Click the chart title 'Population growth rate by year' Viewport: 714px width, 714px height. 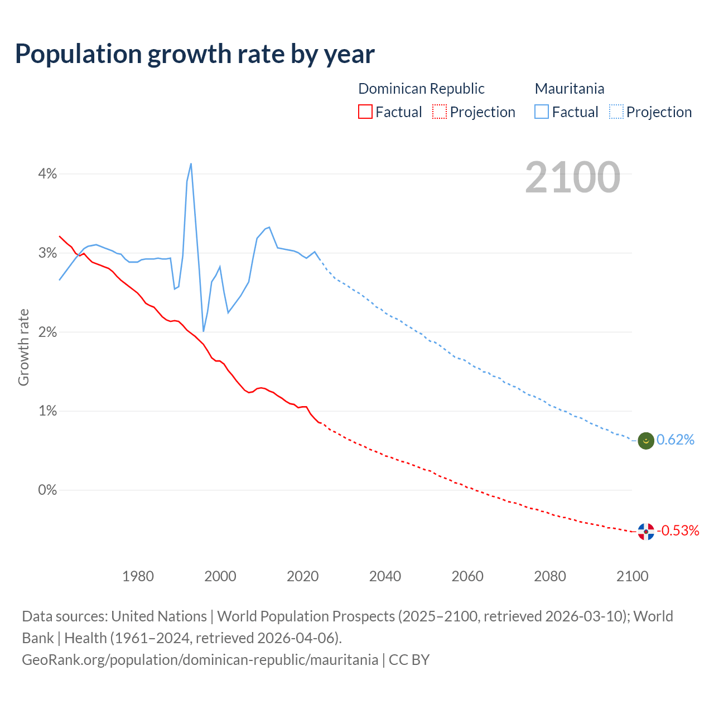[x=195, y=54]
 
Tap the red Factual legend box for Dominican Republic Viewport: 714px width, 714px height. [x=365, y=112]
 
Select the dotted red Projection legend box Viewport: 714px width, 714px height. [x=440, y=112]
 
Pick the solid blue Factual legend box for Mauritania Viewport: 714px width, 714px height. [x=541, y=112]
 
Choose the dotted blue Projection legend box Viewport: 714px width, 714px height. [x=616, y=112]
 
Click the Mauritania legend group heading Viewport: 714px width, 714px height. [x=569, y=89]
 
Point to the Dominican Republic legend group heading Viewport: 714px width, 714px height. [x=421, y=89]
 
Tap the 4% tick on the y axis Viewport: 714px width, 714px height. [x=47, y=174]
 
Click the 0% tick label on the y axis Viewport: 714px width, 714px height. [x=47, y=490]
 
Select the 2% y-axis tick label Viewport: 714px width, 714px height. [x=47, y=332]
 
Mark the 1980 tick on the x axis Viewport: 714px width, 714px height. [x=138, y=576]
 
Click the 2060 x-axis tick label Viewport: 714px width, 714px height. [x=467, y=576]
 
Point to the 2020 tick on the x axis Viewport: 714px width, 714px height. [x=302, y=576]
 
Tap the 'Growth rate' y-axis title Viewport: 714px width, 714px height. [x=23, y=347]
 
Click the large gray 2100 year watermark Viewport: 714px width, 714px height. [x=572, y=177]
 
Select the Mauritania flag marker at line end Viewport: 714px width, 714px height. [x=646, y=441]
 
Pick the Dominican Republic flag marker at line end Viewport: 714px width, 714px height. [x=646, y=532]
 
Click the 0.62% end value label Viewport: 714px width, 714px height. [x=676, y=440]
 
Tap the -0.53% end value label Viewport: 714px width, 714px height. [x=678, y=530]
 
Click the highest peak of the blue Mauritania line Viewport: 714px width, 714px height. [x=191, y=163]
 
